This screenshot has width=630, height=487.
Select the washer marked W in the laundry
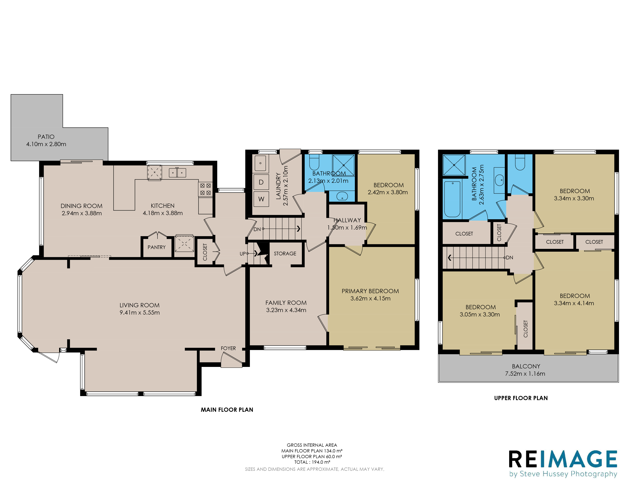(x=261, y=199)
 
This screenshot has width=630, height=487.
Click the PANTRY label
(x=157, y=247)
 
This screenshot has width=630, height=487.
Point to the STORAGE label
(x=285, y=254)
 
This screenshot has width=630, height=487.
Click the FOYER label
(x=228, y=348)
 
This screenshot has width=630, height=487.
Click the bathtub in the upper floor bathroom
(x=452, y=199)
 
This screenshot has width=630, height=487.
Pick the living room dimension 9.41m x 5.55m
(x=140, y=312)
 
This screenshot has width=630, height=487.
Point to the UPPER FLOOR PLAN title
(x=521, y=398)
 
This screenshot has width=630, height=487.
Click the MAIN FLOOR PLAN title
(x=227, y=410)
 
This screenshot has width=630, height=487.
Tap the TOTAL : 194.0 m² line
(x=312, y=462)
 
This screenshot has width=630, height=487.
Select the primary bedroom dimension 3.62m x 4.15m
(x=370, y=298)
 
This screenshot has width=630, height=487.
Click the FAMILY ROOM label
(x=286, y=303)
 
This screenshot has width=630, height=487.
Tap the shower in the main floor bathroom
(x=343, y=165)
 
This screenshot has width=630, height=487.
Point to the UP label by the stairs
(x=243, y=254)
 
